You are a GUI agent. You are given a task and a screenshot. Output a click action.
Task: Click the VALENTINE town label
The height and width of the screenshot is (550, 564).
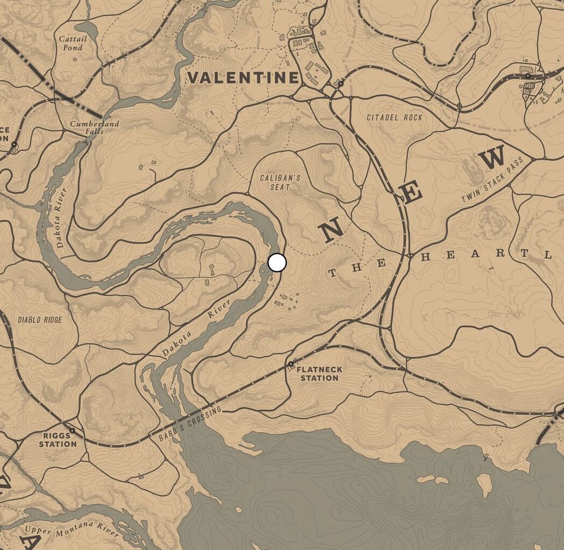tap(243, 77)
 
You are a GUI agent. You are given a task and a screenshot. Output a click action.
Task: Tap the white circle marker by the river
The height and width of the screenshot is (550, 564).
tap(277, 263)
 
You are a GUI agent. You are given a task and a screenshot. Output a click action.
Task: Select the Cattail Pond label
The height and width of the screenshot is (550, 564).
tap(71, 43)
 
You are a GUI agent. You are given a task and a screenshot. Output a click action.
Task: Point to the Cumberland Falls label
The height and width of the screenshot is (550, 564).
tap(94, 128)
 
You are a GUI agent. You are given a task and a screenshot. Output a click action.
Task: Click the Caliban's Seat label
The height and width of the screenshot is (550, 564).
tap(280, 182)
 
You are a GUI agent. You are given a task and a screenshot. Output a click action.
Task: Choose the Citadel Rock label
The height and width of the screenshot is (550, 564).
tap(394, 117)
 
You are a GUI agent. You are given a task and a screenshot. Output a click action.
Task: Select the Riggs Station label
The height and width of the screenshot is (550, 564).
tap(58, 440)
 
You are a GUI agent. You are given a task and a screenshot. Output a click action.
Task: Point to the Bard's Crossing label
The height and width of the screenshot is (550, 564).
tap(190, 425)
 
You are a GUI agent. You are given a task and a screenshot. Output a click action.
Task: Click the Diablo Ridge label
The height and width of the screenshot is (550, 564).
tap(40, 320)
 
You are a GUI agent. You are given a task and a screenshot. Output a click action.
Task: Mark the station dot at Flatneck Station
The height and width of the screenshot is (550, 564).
tap(291, 364)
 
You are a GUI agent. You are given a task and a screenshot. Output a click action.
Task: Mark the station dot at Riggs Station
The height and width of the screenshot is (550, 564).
tap(72, 431)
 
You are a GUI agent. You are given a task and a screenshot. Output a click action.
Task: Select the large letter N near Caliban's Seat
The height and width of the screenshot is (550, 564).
tap(330, 230)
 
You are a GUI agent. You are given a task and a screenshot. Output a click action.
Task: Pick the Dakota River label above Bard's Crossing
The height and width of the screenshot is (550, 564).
tap(196, 328)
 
